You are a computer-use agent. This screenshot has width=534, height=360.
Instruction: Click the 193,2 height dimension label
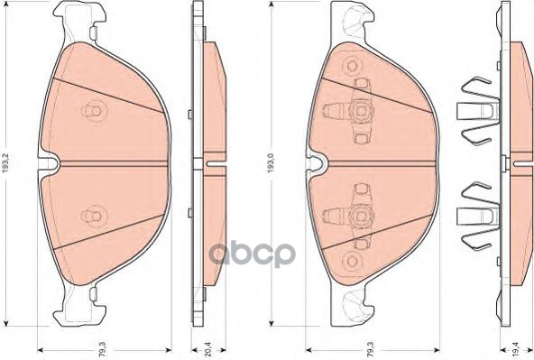[8, 165]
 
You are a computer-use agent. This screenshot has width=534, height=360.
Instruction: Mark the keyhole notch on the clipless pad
[52, 163]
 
